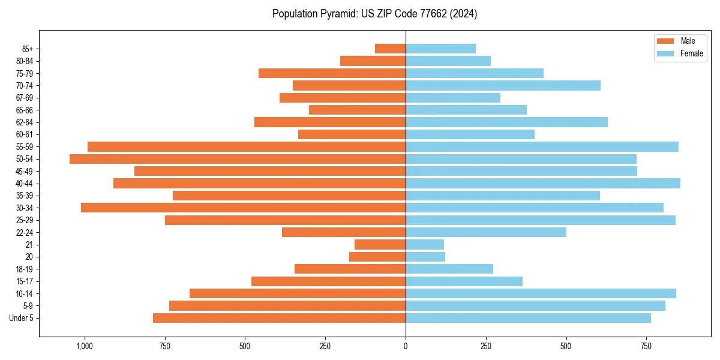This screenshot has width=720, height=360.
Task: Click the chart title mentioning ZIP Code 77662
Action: [x=374, y=14]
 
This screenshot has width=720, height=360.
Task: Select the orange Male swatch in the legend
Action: [x=665, y=41]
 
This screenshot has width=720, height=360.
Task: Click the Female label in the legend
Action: [x=691, y=53]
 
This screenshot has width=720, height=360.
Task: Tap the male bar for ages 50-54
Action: [x=238, y=159]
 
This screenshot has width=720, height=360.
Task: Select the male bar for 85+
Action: [x=390, y=49]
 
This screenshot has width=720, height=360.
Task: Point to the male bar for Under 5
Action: [x=279, y=318]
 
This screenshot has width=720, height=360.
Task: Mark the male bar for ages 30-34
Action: [x=243, y=208]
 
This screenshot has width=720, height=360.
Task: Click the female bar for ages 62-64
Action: [x=506, y=122]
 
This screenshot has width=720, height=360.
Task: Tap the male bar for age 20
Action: [x=377, y=257]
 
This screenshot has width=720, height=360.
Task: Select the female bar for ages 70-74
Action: [x=503, y=85]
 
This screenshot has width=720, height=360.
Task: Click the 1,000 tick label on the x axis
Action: [x=84, y=346]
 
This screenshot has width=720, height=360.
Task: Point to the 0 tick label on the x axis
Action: [x=406, y=346]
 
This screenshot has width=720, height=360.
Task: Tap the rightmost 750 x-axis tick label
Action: [x=646, y=346]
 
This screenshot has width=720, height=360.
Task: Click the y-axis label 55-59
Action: [x=25, y=147]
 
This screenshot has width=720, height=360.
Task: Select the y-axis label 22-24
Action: [x=25, y=233]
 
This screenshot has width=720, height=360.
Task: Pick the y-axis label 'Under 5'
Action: [x=21, y=318]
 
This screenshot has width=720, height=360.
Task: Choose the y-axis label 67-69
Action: [x=25, y=98]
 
